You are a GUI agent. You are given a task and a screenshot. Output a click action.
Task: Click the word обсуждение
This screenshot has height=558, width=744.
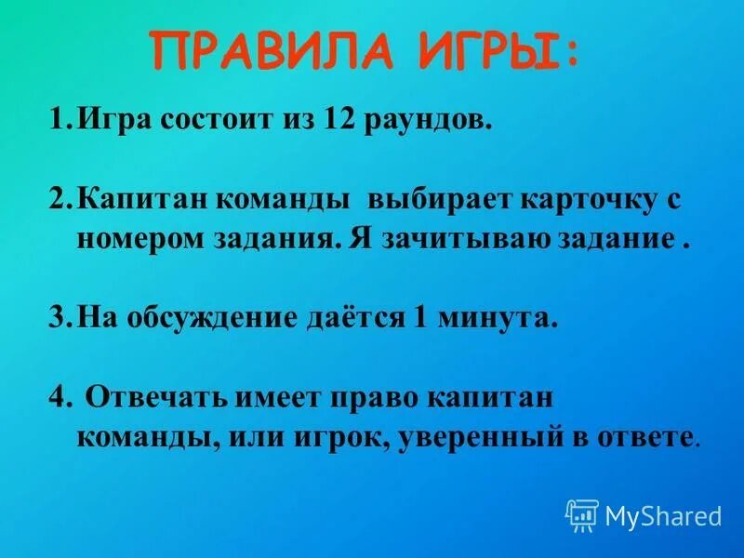click(x=205, y=319)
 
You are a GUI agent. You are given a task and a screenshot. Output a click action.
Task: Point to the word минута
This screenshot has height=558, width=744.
click(x=497, y=319)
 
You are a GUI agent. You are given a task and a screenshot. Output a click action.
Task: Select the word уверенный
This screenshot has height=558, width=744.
click(x=472, y=436)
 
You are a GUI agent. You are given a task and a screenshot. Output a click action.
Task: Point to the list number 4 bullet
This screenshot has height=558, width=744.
click(x=58, y=399)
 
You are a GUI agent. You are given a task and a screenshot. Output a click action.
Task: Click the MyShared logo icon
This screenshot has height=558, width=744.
click(x=582, y=514)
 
